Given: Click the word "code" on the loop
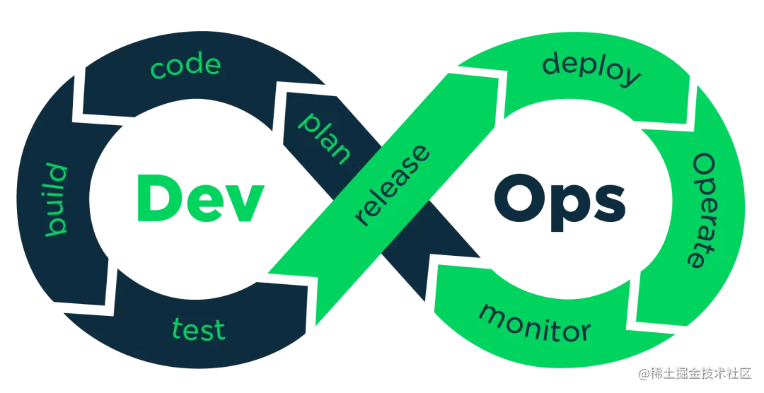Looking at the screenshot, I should pos(185,66).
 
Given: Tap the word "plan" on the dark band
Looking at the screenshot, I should pos(325,136).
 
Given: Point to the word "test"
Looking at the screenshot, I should pos(199,329).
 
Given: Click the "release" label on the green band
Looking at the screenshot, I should pos(393,185).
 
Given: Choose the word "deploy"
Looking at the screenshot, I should pos(591,69).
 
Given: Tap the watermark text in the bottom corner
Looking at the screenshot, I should pos(697,373).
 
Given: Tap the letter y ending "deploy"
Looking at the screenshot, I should pos(630,79).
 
